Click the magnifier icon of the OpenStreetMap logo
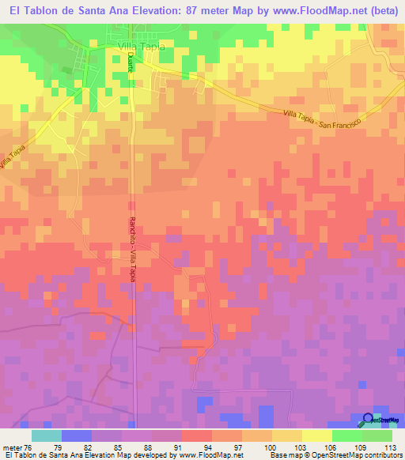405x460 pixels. coord(368,420)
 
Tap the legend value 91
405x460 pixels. coord(181,447)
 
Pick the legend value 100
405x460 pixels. coord(272,447)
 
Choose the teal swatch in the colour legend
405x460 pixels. coord(46,435)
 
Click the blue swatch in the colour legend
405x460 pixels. coord(76,435)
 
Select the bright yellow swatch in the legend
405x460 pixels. coord(316,435)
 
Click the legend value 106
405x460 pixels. coord(332,447)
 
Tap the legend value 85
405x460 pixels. coord(121,447)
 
